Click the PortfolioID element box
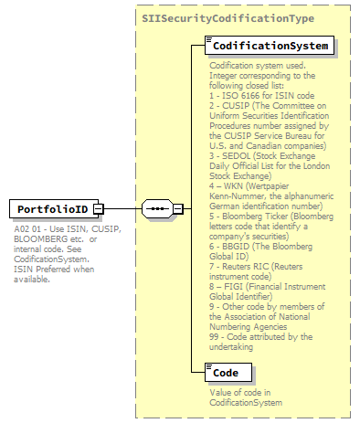[x=51, y=209]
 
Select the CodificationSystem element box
[x=264, y=45]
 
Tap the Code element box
[x=225, y=373]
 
